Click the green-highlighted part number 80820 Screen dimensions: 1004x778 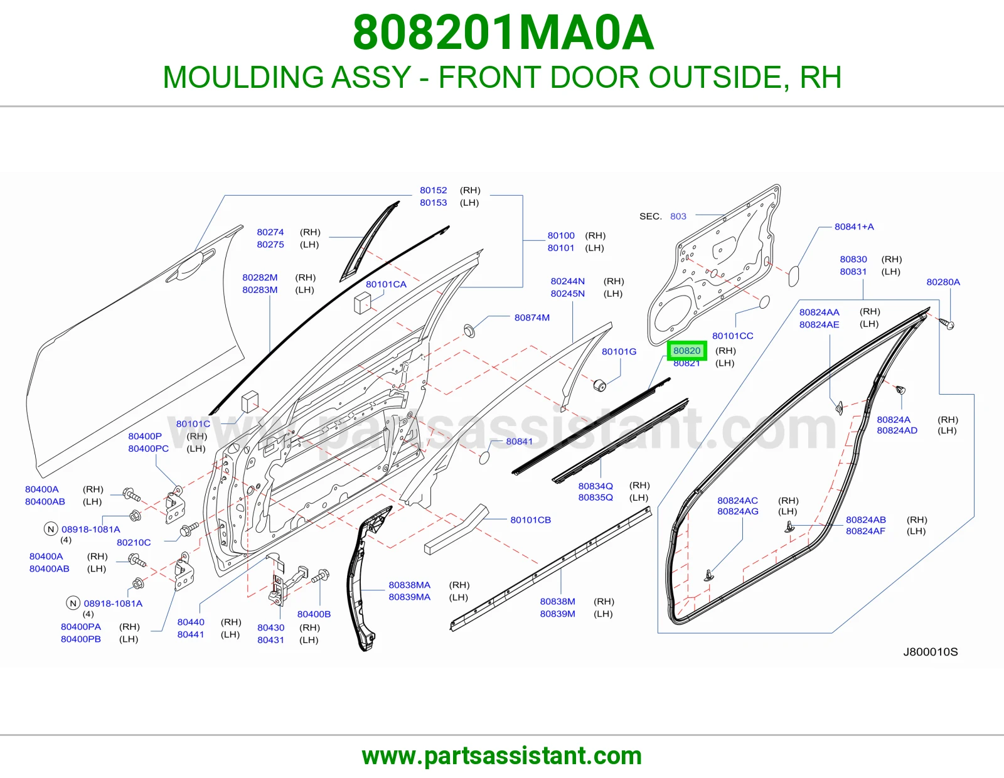point(686,351)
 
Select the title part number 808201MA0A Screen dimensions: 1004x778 point(503,33)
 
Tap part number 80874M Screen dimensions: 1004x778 point(531,317)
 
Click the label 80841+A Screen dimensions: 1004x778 point(854,227)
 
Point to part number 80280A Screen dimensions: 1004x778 point(943,282)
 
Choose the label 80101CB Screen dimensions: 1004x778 point(530,520)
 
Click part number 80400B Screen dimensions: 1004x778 point(314,614)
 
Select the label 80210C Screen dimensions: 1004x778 point(134,542)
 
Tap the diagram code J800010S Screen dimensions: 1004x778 point(931,652)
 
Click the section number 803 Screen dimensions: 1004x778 point(678,216)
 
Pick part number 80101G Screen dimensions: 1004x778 point(619,351)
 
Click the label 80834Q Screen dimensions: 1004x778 point(595,486)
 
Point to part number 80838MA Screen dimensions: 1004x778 point(409,585)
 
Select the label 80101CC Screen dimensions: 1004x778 point(732,336)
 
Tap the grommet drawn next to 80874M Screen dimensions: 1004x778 point(469,330)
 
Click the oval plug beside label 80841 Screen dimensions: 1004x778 point(484,458)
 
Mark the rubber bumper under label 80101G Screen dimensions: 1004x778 point(599,385)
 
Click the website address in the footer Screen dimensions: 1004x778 point(502,756)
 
